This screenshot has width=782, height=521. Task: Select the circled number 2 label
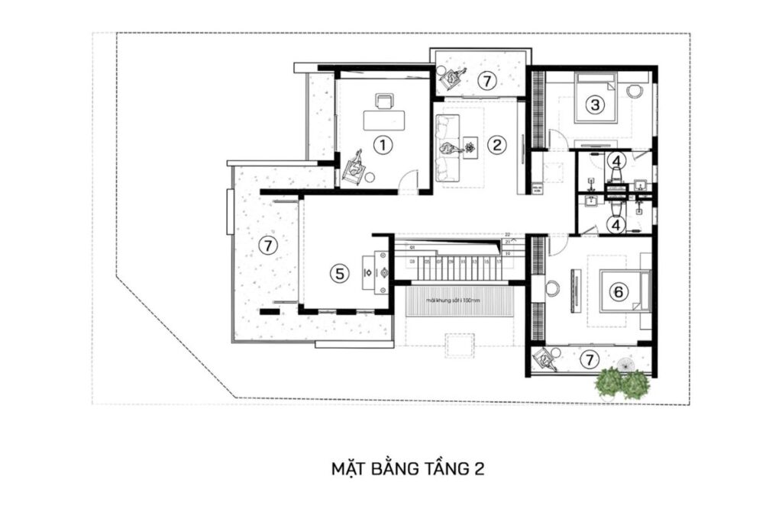point(496,143)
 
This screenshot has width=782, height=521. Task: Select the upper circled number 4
point(617,161)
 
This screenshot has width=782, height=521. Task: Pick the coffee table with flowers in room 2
point(469,146)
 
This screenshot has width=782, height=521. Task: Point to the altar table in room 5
point(379,271)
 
